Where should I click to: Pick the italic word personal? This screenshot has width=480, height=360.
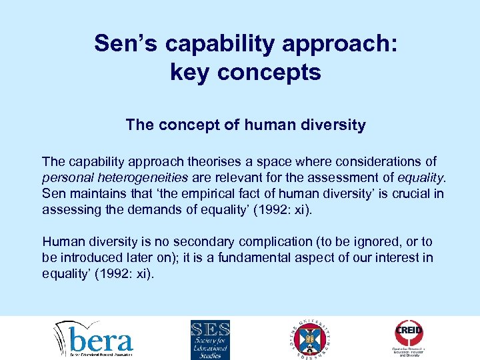(x=65, y=177)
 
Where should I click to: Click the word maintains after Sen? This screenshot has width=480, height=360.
(x=93, y=193)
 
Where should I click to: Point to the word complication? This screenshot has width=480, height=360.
(x=253, y=241)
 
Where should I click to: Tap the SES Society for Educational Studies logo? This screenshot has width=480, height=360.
(x=210, y=339)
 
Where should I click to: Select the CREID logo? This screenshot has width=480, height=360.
(x=409, y=338)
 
